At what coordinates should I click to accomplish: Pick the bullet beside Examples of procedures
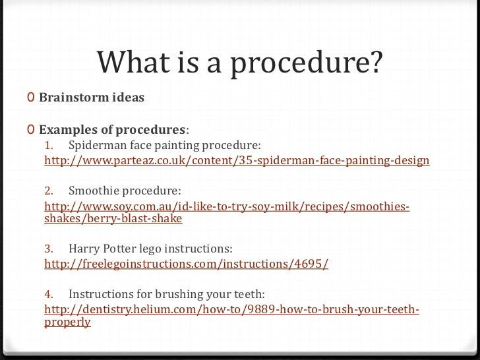point(31,127)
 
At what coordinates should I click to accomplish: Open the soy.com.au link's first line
point(227,208)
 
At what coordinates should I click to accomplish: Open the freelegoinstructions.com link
point(185,264)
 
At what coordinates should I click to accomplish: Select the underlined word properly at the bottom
point(67,324)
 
